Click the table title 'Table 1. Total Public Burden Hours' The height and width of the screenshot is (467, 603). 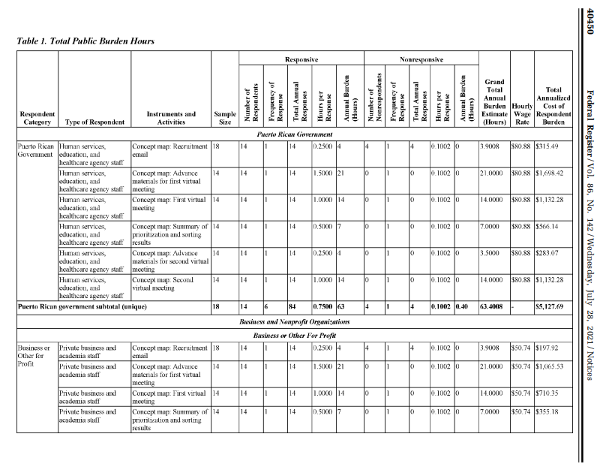85,41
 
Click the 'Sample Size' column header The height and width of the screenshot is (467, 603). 223,116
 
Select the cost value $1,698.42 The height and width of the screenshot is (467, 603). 550,173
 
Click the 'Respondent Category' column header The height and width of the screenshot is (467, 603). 36,116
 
